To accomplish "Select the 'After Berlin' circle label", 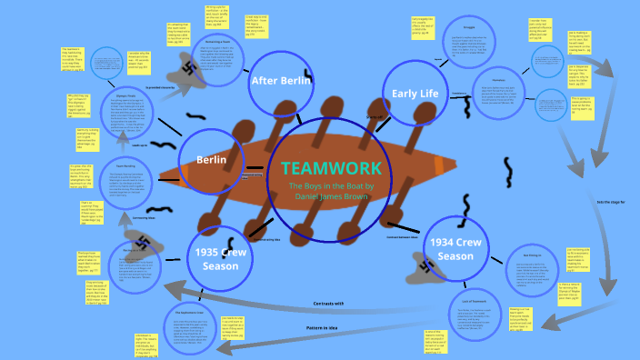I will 281,81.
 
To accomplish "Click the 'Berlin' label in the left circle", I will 212,160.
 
